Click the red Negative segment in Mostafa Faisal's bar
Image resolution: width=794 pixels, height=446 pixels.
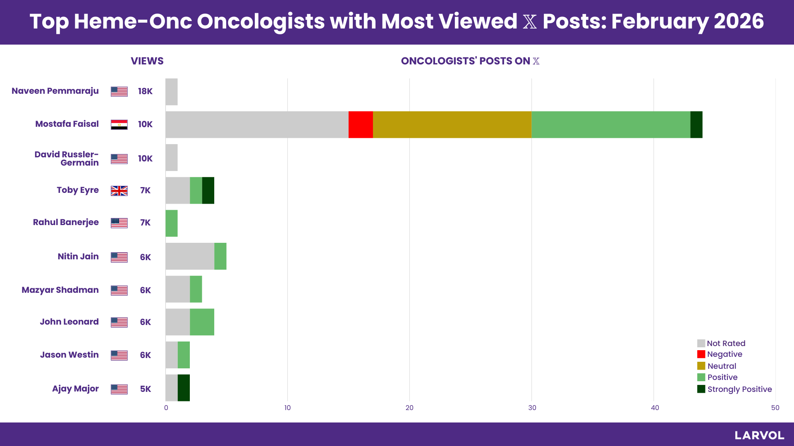coord(361,124)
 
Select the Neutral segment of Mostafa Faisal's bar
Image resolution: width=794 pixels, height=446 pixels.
coord(452,124)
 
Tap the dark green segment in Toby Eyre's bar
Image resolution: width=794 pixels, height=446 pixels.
coord(208,190)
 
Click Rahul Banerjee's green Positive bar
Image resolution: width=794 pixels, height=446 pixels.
coord(172,223)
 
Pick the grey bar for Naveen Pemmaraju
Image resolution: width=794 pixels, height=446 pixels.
coord(172,92)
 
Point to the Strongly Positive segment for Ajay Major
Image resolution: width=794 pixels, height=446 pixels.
coord(184,388)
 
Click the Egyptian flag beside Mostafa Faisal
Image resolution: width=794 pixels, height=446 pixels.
coord(119,124)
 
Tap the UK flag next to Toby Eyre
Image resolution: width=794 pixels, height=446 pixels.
coord(119,191)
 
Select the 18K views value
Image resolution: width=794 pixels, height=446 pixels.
coord(145,91)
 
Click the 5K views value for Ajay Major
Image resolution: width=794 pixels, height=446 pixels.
coord(145,389)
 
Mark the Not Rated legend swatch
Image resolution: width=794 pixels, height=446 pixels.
coord(701,343)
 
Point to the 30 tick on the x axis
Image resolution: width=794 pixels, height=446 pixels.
coord(532,408)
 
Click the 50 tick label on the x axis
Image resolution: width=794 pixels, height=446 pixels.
coord(775,408)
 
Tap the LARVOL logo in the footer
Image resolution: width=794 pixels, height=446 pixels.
coord(759,435)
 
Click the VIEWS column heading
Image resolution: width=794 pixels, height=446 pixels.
coord(147,61)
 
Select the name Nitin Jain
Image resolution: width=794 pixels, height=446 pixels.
coord(78,256)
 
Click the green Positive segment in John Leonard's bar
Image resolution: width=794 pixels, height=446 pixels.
coord(202,322)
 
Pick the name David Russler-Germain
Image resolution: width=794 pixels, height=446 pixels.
coord(67,159)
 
